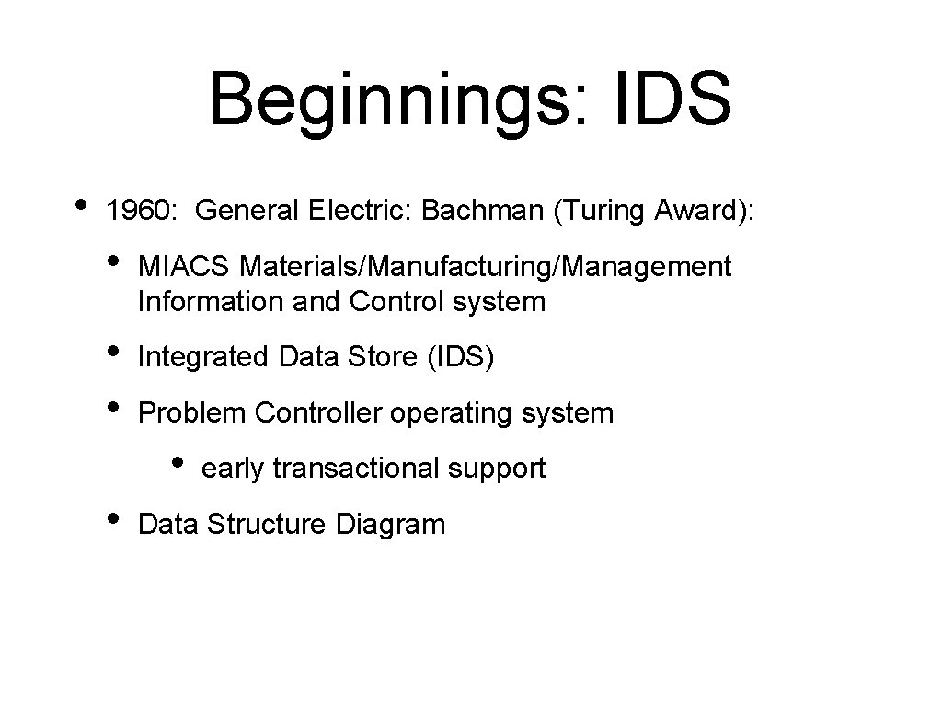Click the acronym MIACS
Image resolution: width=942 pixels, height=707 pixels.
click(x=184, y=267)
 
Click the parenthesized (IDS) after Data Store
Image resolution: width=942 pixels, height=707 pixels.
click(x=460, y=356)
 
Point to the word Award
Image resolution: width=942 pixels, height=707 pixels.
click(x=698, y=211)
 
